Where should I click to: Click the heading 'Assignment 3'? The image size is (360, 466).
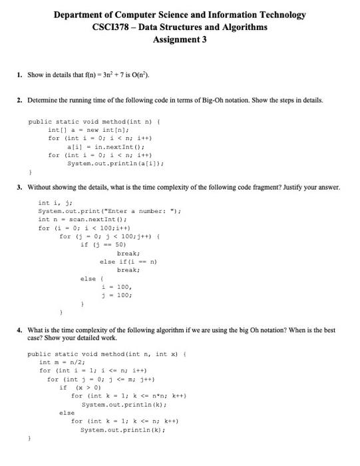(180, 39)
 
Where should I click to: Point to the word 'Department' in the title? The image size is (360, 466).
(83, 14)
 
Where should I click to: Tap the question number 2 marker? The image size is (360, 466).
(19, 101)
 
